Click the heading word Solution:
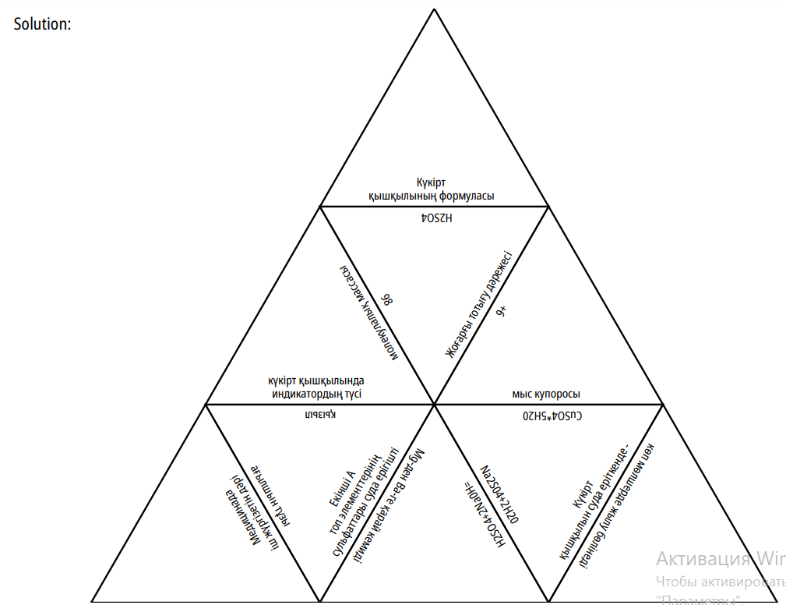click(43, 23)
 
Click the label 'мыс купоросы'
click(545, 394)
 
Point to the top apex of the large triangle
click(434, 9)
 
